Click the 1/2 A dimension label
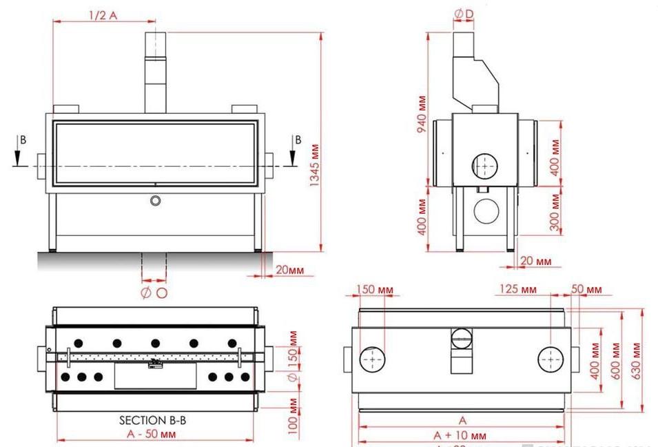(x=103, y=14)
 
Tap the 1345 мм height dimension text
(x=315, y=165)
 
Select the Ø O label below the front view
(x=154, y=293)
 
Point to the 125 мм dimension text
(x=518, y=289)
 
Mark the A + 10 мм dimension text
(x=460, y=435)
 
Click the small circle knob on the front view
(x=156, y=200)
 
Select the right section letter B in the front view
(x=298, y=139)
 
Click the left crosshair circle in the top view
(x=373, y=359)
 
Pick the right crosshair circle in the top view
(x=551, y=359)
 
